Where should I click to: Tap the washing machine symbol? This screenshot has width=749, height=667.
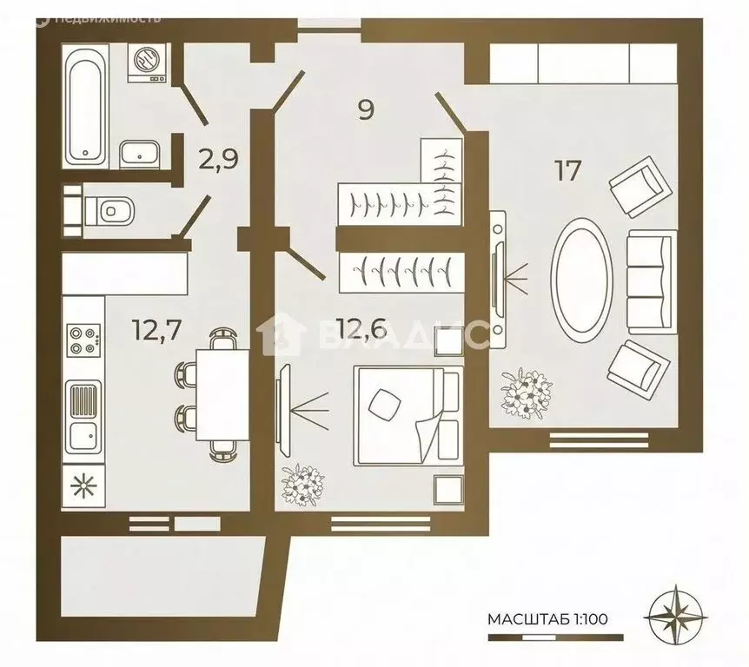point(147,63)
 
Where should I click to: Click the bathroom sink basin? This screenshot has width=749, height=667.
point(138,155)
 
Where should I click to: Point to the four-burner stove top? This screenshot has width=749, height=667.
point(83,339)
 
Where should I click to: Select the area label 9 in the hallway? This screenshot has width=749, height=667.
point(366,109)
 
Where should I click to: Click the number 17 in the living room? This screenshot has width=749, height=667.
point(567,170)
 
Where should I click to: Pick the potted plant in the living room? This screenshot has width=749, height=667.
point(527,393)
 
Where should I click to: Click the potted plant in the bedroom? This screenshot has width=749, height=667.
point(303,485)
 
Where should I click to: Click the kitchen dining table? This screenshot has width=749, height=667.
point(222,394)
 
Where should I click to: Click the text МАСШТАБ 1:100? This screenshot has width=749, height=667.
point(547,619)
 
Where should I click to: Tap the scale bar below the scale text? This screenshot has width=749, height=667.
point(555,637)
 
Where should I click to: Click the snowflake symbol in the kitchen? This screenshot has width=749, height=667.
point(83,486)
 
